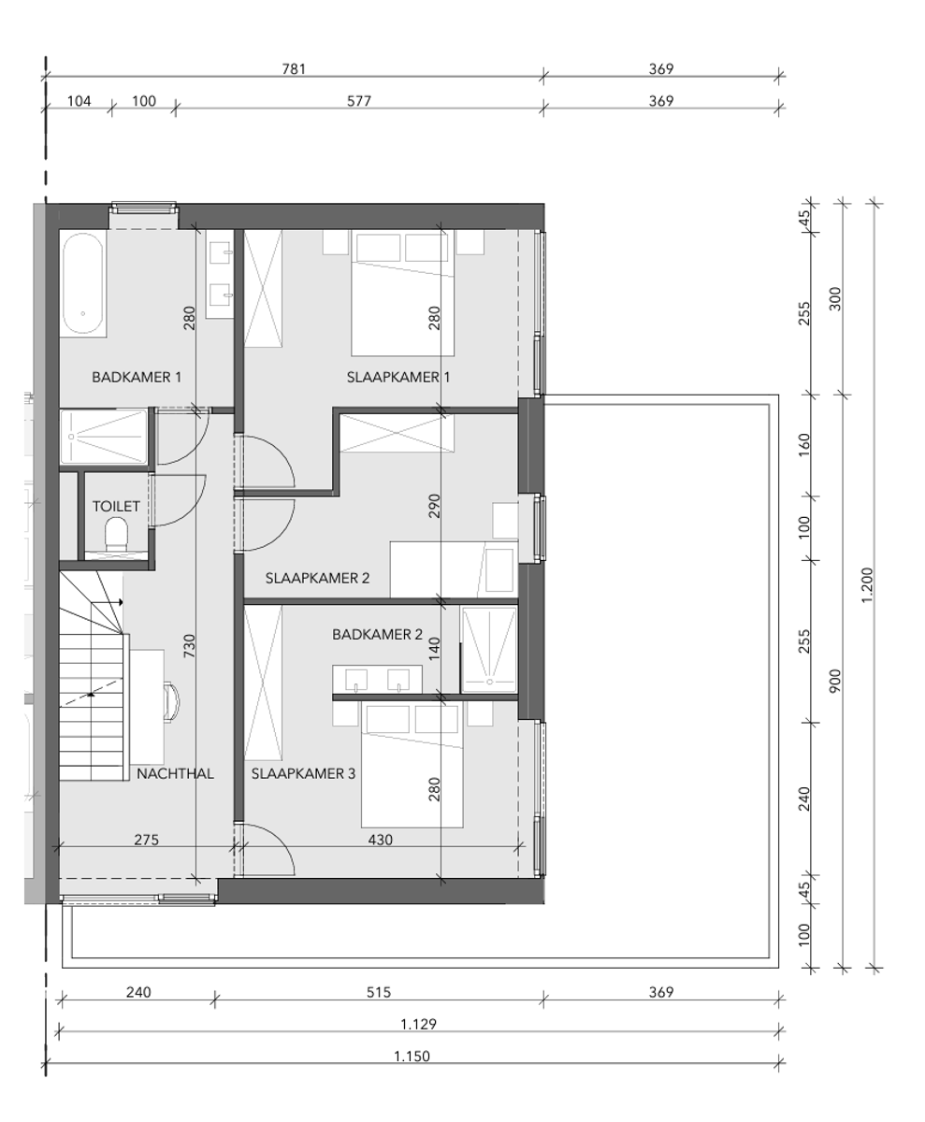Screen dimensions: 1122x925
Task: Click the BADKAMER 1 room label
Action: [x=137, y=378]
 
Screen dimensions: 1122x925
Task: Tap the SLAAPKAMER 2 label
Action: [x=317, y=579]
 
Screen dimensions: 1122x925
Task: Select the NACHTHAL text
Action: [x=175, y=774]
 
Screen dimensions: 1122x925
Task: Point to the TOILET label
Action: [x=116, y=507]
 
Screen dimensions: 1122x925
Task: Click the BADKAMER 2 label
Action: [x=377, y=635]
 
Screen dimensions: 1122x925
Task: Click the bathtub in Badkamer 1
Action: [x=83, y=284]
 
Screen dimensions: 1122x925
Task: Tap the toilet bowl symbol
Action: [x=117, y=535]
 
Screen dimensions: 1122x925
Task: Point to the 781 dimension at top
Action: [x=294, y=69]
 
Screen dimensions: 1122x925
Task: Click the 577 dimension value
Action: [x=359, y=101]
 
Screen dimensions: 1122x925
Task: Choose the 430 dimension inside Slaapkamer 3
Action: [x=380, y=840]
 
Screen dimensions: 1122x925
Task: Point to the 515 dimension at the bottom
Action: [x=378, y=993]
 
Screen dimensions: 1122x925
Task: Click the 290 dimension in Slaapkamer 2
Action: [x=434, y=505]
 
